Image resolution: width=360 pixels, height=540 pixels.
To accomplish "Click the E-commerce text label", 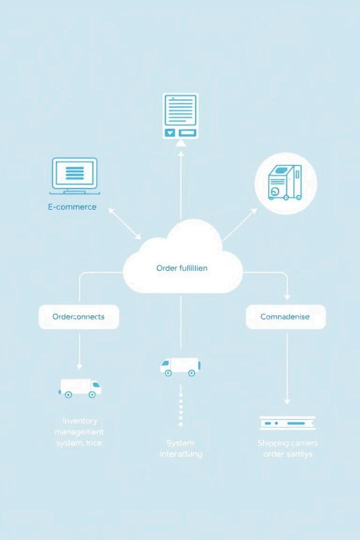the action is (x=72, y=207).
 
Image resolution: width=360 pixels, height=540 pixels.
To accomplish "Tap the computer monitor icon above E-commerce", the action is (x=74, y=175).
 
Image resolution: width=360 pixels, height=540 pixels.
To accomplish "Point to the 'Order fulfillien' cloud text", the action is (x=182, y=268).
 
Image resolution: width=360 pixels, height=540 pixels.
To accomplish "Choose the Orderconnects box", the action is (x=78, y=317).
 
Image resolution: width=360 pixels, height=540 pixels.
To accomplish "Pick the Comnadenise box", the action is (x=285, y=317).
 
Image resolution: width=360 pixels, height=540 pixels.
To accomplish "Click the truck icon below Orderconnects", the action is (x=80, y=387).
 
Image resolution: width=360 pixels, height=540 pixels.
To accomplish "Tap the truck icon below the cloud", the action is (x=179, y=366).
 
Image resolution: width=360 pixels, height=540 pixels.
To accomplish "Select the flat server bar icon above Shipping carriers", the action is (x=287, y=423).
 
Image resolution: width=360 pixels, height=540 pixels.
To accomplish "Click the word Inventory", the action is (x=80, y=420).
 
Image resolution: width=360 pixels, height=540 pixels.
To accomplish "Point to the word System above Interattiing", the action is (x=180, y=443).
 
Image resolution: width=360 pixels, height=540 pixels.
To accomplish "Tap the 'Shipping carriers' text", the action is (x=287, y=443).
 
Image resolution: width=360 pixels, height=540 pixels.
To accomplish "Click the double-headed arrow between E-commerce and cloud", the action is (x=124, y=222).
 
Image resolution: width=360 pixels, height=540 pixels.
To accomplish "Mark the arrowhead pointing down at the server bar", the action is (x=287, y=400).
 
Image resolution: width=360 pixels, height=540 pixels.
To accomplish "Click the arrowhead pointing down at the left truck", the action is (x=79, y=366).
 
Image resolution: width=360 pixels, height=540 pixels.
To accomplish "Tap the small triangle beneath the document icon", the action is (x=180, y=143).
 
